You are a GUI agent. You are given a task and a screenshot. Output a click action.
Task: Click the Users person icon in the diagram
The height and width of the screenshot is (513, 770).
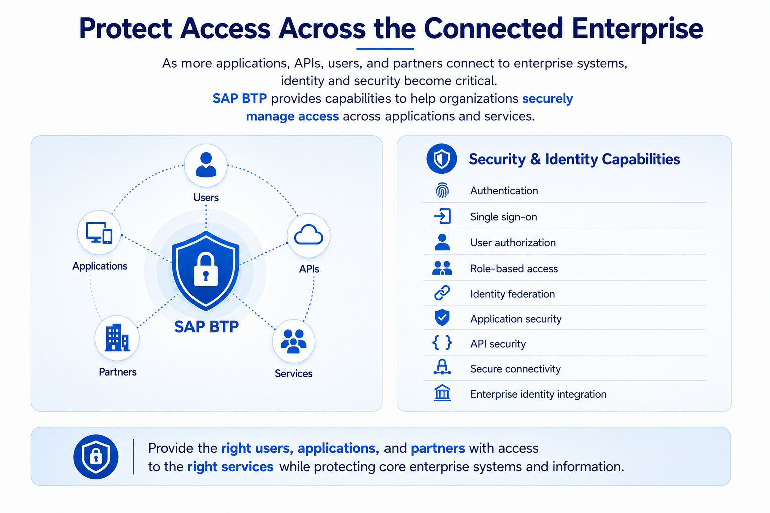point(206,165)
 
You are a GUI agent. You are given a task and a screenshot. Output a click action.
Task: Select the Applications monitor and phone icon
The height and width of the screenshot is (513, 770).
point(99,232)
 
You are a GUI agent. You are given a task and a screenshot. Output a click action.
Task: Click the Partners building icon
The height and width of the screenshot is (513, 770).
point(117,338)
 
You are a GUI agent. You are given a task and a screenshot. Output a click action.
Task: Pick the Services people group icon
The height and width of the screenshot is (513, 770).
point(294,341)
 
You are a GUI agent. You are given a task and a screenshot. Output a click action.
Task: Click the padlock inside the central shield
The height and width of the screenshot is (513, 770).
point(206,269)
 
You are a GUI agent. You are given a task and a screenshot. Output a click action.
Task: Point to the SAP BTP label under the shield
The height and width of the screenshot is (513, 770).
point(206,327)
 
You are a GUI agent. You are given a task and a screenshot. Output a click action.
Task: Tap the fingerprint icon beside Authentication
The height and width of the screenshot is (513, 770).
point(442,190)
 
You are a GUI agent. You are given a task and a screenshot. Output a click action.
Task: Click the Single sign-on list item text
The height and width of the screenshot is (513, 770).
point(504,217)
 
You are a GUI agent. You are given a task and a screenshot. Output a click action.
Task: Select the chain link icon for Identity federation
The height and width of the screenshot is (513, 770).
point(442,293)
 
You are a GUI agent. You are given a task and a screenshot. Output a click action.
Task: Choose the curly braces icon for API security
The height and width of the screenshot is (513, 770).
point(442,343)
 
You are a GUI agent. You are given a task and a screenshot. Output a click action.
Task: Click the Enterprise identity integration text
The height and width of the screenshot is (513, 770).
point(538,394)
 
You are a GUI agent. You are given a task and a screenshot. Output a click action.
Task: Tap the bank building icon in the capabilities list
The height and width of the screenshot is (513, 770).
point(442,393)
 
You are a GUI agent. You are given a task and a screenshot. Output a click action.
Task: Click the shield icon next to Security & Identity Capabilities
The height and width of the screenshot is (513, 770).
point(442,159)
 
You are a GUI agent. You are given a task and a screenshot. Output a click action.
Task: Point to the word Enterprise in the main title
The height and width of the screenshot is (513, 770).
point(638,30)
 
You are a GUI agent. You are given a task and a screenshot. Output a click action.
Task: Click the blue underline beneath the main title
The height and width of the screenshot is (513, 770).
point(385,49)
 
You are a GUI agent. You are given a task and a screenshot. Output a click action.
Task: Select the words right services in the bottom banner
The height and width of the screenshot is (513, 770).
point(230,467)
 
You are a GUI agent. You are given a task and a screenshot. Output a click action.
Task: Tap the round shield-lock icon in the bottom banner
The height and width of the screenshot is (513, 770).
point(96,457)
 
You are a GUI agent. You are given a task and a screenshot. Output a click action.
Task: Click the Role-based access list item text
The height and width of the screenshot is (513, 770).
point(514,269)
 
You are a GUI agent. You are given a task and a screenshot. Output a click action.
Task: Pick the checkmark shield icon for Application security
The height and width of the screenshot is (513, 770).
point(442,317)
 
